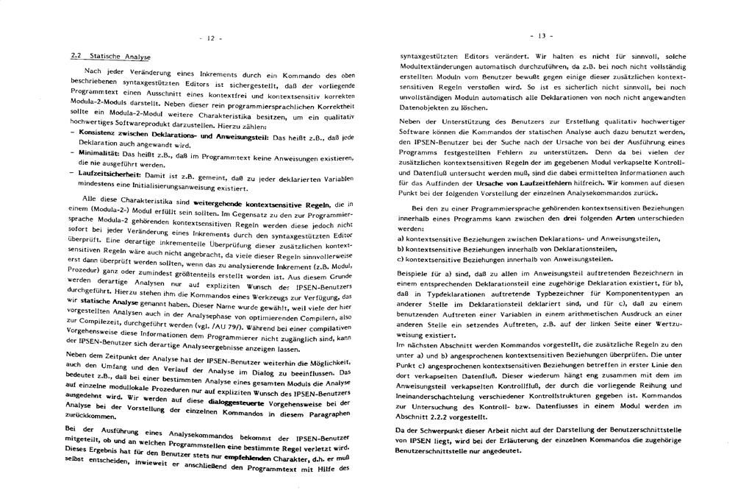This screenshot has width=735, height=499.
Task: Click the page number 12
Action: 212,38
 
